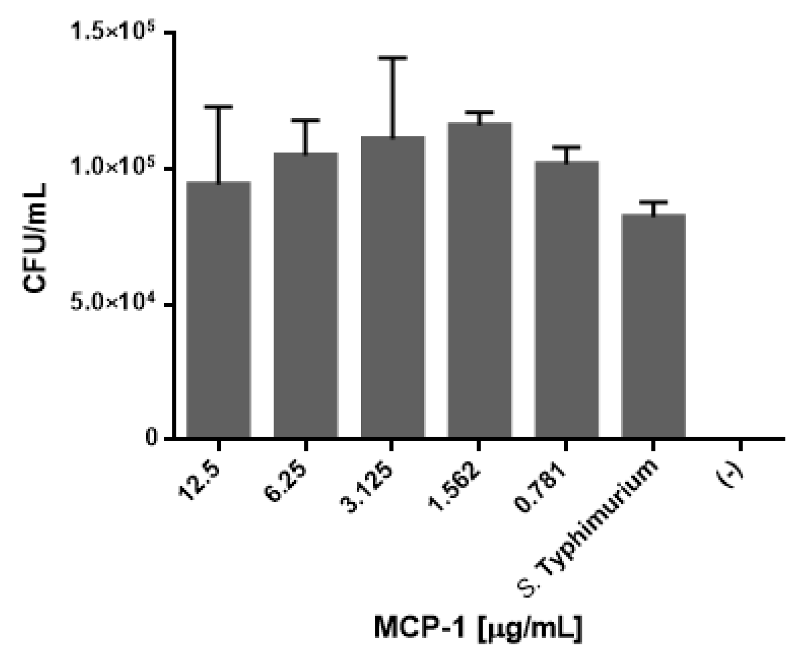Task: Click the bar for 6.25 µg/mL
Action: coord(305,295)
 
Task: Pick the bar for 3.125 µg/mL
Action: coord(392,287)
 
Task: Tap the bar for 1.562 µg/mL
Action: coord(479,280)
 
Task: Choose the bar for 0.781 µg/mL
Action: coord(566,299)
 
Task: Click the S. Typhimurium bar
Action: coord(653,325)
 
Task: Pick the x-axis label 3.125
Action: coord(370,486)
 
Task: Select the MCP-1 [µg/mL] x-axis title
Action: coord(478,629)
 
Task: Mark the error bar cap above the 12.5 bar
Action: coord(218,107)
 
